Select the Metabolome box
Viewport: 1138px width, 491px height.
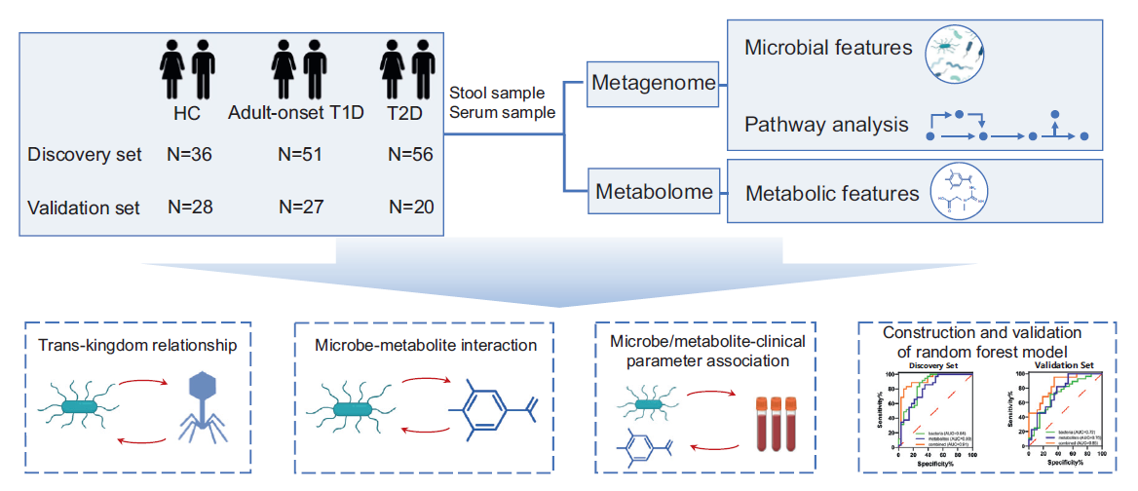coord(654,192)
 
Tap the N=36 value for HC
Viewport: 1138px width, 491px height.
coord(189,155)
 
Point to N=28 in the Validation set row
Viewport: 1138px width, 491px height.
coord(189,207)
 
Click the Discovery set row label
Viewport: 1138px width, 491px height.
coord(85,155)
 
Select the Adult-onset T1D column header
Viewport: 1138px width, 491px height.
coord(296,113)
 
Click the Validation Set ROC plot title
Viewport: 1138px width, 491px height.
coord(1065,366)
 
